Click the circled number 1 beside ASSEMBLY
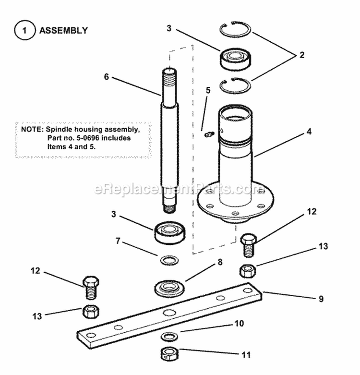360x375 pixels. (x=24, y=30)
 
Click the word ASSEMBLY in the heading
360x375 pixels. (x=63, y=30)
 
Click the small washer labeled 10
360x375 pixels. (x=168, y=335)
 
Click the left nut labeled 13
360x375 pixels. (x=91, y=312)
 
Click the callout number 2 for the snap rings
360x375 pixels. (x=301, y=55)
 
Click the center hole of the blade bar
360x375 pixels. (x=168, y=313)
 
